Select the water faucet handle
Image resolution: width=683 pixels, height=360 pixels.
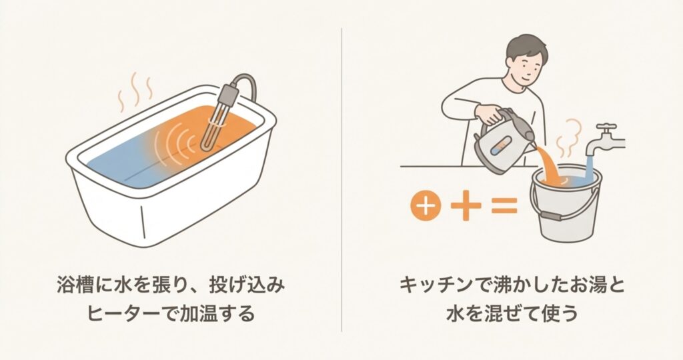[x=607, y=129]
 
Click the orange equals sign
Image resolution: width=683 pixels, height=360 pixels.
[x=504, y=205]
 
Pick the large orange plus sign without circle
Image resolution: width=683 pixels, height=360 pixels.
[x=466, y=205]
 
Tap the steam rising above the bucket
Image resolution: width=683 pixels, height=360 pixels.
[x=568, y=139]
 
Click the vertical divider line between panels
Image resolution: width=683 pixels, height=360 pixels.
[x=341, y=179]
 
